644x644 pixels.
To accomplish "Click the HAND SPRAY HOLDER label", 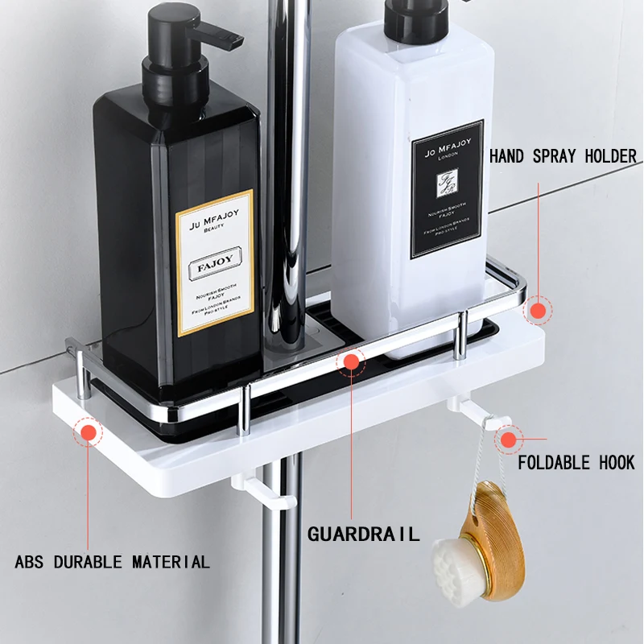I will (563, 156).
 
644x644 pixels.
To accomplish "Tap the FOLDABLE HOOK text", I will (576, 463).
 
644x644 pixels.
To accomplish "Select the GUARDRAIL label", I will (364, 534).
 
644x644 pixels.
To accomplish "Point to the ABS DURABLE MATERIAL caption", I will (112, 561).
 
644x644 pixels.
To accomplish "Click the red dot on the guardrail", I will (350, 362).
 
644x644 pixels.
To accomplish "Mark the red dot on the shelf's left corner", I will (88, 433).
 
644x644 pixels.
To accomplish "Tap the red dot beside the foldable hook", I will (509, 439).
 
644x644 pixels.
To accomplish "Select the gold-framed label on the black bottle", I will (215, 262).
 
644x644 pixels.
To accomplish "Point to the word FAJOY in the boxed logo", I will (215, 267).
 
